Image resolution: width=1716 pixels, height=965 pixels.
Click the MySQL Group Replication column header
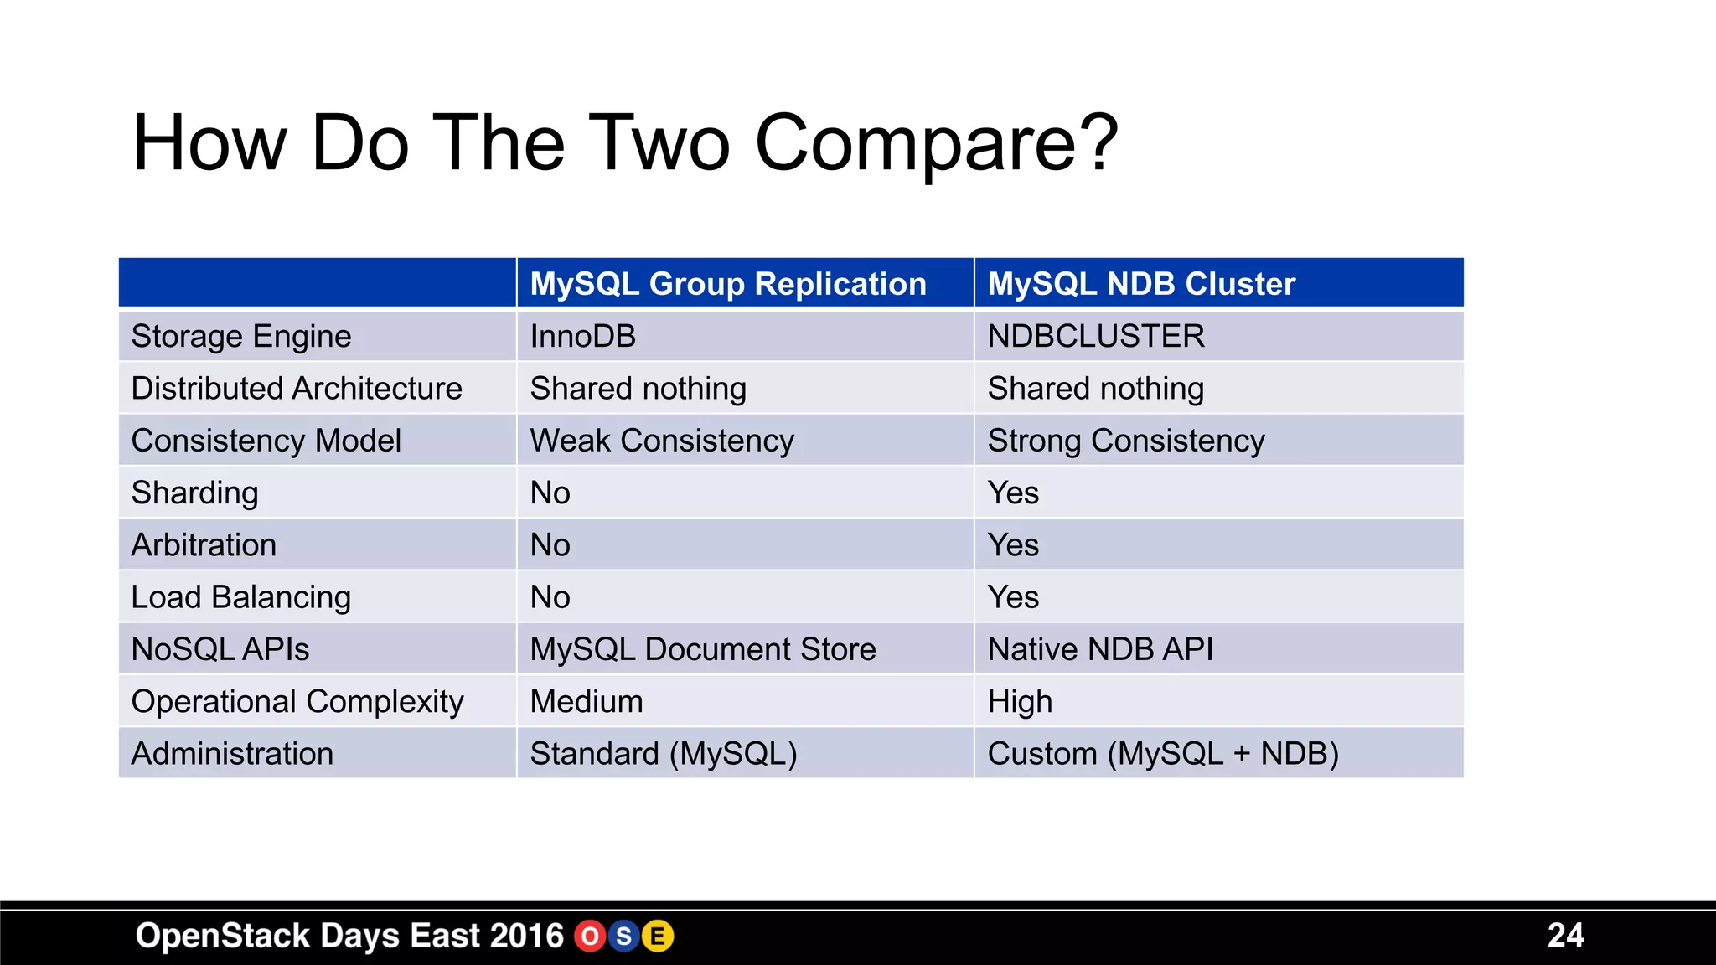click(728, 284)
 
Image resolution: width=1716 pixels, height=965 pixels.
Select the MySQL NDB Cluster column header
click(1141, 284)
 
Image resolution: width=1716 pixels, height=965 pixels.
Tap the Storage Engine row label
click(241, 337)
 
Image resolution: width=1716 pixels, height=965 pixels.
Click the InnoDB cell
click(583, 337)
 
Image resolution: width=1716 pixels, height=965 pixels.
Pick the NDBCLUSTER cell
click(1096, 337)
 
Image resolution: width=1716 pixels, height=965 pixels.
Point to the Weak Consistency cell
click(662, 441)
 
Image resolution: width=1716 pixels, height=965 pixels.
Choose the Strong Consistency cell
click(1126, 441)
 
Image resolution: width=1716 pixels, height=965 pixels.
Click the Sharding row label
click(195, 493)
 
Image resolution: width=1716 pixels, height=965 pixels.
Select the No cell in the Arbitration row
click(550, 545)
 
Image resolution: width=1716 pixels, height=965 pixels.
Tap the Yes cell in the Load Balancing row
click(1013, 597)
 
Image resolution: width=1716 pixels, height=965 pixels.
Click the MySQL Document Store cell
click(703, 649)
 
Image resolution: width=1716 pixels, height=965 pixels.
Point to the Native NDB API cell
click(1100, 649)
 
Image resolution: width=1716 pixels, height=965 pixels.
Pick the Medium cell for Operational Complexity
click(587, 702)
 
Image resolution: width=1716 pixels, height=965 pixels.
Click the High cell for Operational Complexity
click(1020, 702)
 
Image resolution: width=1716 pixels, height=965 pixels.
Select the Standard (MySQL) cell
click(664, 754)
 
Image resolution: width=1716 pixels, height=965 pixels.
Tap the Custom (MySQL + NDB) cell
click(1163, 754)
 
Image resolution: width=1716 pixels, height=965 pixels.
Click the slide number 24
click(1565, 936)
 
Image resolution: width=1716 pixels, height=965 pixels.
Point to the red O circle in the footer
click(590, 937)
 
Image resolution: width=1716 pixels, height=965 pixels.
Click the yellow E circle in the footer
click(658, 937)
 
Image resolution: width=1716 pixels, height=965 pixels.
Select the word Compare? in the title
click(936, 144)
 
